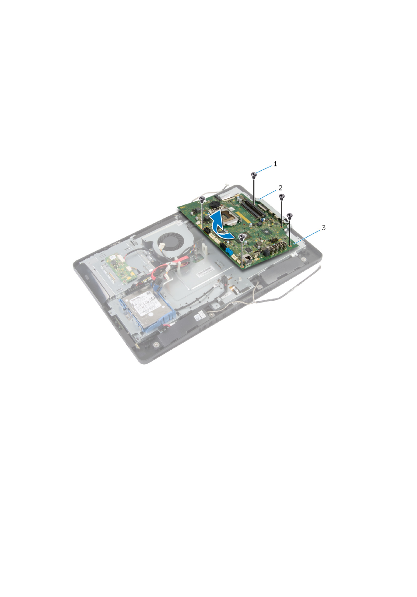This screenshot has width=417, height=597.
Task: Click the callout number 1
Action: (275, 164)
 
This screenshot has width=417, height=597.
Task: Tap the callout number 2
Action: (280, 188)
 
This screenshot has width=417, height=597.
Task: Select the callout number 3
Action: (323, 228)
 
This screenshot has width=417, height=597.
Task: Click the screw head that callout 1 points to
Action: (254, 175)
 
